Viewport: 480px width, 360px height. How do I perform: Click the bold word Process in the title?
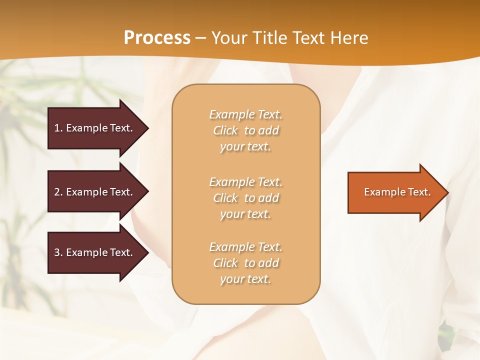tap(157, 38)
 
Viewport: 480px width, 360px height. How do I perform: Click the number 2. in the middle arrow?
tap(58, 192)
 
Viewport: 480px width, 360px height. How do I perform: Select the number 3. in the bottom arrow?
tap(58, 252)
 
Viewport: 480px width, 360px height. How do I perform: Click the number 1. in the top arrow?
tap(58, 128)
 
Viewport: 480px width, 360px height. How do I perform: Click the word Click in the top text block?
tap(225, 131)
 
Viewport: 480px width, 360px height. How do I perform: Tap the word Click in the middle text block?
tap(225, 198)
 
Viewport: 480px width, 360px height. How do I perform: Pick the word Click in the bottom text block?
tap(225, 263)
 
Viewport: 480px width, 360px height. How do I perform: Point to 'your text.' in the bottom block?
tap(245, 279)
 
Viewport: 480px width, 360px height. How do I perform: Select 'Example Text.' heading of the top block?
tap(245, 115)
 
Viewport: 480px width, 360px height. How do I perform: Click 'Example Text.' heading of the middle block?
tap(245, 182)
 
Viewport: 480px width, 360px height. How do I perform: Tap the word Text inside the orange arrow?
tap(419, 192)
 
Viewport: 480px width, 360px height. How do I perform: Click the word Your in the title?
tap(229, 38)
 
